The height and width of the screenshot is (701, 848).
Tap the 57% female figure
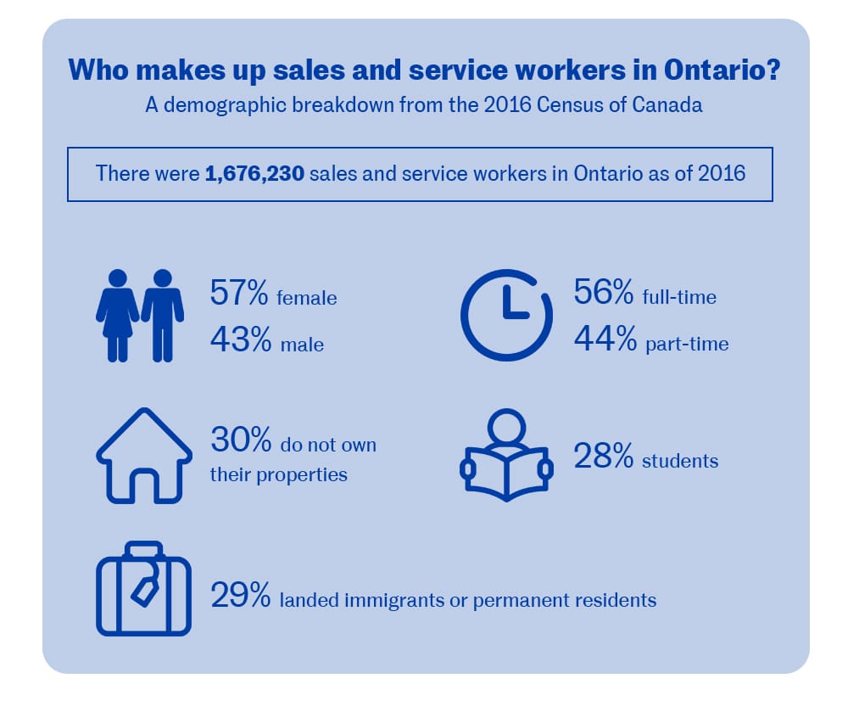239,295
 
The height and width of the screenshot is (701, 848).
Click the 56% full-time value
604,294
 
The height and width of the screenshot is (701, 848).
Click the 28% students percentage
604,458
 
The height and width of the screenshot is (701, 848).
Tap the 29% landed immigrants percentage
240,597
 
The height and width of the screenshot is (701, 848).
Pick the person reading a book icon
506,458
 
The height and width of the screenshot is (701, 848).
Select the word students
679,462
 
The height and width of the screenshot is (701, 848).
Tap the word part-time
685,345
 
